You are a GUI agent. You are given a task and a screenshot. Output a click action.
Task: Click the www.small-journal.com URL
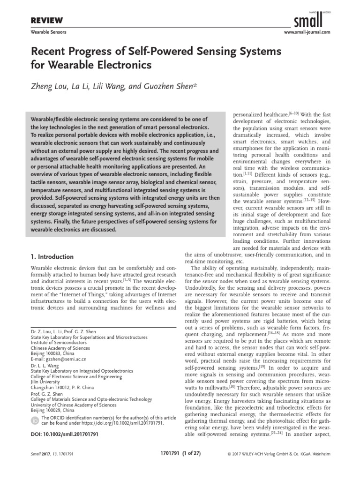tap(307, 32)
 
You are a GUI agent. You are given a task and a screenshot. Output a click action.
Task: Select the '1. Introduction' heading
tap(52, 257)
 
